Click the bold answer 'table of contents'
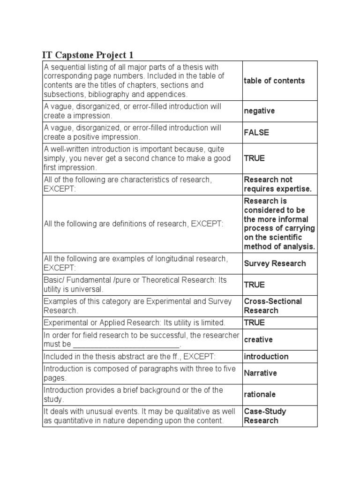(274, 81)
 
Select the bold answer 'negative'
(259, 111)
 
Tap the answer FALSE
(256, 133)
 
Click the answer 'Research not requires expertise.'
(277, 184)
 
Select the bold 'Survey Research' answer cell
(275, 263)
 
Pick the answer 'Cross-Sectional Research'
(273, 306)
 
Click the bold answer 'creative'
(258, 339)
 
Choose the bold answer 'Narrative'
(260, 373)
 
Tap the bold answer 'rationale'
(260, 394)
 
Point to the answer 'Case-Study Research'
(265, 416)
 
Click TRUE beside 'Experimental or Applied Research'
(254, 322)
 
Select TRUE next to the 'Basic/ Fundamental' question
(254, 285)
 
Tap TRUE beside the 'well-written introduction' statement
(254, 158)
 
